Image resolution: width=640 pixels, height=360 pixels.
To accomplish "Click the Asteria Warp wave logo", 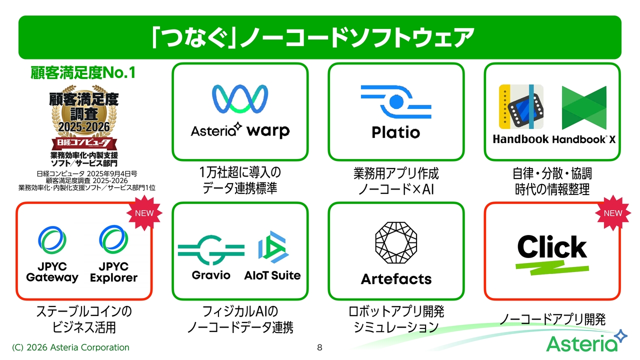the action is [x=240, y=99].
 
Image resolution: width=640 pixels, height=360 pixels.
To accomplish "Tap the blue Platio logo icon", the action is [x=396, y=101].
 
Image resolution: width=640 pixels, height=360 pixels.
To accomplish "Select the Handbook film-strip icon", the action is [x=521, y=106].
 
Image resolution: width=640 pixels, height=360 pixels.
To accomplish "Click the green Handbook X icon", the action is [x=584, y=108].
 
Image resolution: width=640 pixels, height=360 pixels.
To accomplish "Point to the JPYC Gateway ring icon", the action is [x=52, y=240].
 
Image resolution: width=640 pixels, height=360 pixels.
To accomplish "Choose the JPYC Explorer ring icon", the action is [x=113, y=239].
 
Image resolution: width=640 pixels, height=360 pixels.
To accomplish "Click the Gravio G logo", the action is [x=211, y=250].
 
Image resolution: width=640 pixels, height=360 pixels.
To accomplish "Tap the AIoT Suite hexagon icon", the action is [x=273, y=247].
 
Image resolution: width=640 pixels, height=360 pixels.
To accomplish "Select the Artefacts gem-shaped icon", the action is [x=396, y=242].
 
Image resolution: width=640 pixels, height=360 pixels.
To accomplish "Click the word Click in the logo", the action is [x=552, y=247].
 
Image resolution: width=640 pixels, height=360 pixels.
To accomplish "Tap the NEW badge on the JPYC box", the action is [x=144, y=213].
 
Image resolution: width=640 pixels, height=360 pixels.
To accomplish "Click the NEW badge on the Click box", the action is [x=613, y=213].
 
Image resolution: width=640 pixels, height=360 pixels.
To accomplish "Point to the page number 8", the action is [x=319, y=347].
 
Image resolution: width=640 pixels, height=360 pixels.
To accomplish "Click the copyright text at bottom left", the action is [x=70, y=347].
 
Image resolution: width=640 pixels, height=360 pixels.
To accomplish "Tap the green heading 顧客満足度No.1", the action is [x=83, y=72].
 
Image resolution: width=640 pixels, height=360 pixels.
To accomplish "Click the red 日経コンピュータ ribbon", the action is [x=84, y=143].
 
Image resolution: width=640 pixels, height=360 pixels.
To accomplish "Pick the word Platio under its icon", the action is [x=396, y=132].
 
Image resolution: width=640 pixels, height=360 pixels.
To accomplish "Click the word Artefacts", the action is [x=396, y=279].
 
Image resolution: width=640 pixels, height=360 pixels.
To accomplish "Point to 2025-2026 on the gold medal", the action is [x=84, y=126].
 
